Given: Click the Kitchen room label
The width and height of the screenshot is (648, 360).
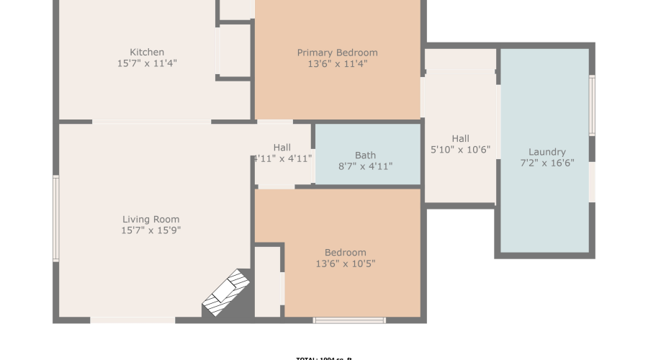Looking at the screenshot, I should [x=147, y=52].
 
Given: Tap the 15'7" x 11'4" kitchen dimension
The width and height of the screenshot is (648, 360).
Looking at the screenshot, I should [x=147, y=63].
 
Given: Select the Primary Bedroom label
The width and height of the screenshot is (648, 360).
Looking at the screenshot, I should [x=337, y=53].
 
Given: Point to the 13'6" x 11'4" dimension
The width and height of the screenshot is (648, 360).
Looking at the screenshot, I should [x=337, y=63].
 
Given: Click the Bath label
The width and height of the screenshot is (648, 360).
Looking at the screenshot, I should [x=365, y=155].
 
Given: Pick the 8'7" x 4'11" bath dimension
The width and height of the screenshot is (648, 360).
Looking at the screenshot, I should [x=365, y=166].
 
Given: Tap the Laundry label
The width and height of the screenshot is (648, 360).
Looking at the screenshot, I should [x=546, y=152].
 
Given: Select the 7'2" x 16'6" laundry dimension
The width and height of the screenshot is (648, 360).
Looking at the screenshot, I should [x=546, y=163].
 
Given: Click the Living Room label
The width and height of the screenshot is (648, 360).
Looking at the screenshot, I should [x=150, y=220].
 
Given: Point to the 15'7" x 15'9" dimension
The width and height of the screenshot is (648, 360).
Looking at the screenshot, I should [x=150, y=231].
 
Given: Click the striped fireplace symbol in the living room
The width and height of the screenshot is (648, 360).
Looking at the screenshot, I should [x=227, y=292].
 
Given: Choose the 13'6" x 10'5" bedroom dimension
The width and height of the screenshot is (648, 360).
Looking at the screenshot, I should [x=345, y=264].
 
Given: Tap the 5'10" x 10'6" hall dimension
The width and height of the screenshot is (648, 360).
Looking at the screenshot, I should [x=460, y=150].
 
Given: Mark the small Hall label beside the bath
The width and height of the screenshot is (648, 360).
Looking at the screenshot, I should [x=282, y=148].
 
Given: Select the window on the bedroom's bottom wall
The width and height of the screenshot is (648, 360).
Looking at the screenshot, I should [x=349, y=320].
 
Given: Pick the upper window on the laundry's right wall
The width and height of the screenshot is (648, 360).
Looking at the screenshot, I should [x=592, y=106].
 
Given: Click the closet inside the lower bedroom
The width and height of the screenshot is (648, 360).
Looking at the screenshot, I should [x=268, y=281].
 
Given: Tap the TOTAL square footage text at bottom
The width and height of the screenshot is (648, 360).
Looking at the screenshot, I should [x=324, y=358].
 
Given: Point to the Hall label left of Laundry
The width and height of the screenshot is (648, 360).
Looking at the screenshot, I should [x=460, y=139].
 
